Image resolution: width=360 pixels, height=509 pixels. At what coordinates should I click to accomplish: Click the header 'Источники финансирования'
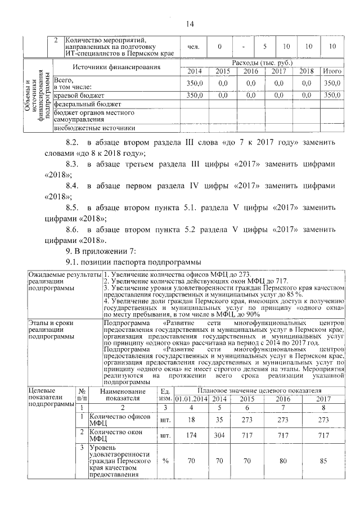click(x=116, y=67)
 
